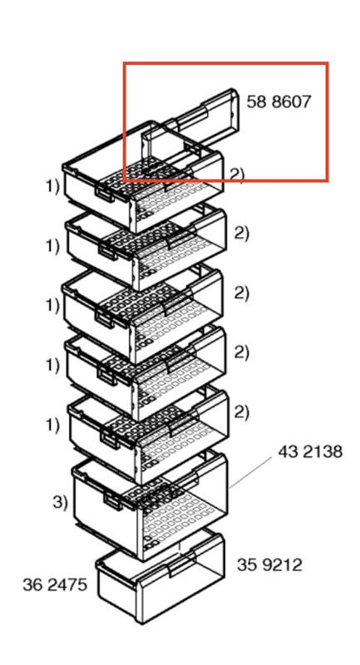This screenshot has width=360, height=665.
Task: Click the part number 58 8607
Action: point(279,101)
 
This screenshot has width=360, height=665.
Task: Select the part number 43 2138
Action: point(310,451)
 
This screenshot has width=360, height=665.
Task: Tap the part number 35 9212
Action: point(269,565)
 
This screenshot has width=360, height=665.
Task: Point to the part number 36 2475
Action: point(55,584)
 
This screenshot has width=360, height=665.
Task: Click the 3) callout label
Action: point(60,503)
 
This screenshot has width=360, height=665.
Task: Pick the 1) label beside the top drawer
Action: point(53,186)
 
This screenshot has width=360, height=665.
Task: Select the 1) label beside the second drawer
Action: point(53,246)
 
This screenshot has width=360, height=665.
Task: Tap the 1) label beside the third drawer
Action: point(53,305)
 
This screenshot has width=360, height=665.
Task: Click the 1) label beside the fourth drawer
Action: point(53,365)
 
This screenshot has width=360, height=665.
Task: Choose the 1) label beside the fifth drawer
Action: point(53,425)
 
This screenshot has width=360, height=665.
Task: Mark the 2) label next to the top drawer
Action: point(238,175)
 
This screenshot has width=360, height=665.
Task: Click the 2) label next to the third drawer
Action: point(241,293)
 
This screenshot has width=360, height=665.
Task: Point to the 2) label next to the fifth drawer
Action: point(241,411)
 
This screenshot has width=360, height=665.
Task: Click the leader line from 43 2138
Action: point(250,473)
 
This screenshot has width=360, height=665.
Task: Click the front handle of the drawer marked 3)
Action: point(113,502)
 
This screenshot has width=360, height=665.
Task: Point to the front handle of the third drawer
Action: point(104,318)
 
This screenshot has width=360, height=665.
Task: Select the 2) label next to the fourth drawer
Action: point(241,352)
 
